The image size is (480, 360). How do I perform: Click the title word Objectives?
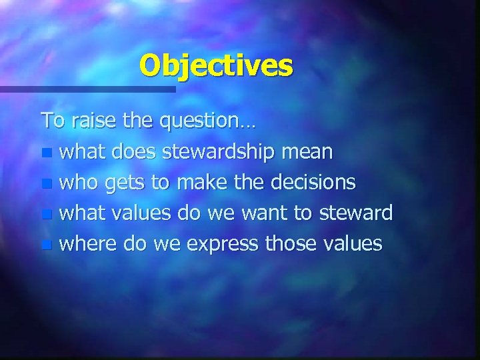216,65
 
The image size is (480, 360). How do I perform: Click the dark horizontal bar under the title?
87,89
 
